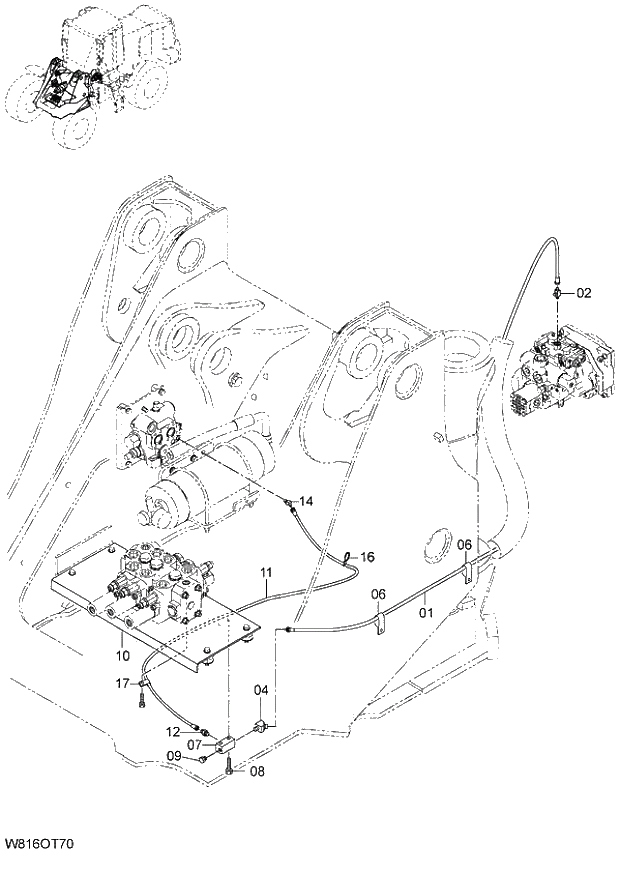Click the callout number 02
click(585, 293)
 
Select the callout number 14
click(306, 500)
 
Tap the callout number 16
click(367, 556)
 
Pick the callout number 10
click(123, 656)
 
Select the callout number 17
click(122, 684)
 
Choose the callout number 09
click(173, 757)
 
